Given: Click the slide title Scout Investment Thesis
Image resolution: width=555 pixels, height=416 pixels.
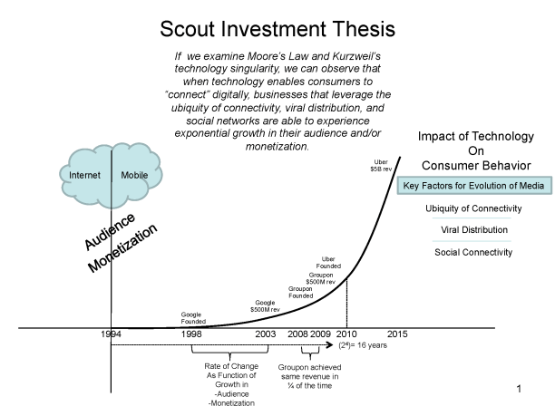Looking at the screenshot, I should click(x=277, y=29).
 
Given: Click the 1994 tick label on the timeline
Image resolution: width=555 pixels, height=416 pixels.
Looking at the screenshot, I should click(x=112, y=335).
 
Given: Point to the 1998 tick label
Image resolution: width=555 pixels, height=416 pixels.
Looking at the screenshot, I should click(x=191, y=335).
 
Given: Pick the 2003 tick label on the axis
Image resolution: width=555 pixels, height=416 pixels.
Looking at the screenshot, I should click(x=266, y=335).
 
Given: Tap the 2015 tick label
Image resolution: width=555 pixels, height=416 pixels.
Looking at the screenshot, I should click(x=396, y=335).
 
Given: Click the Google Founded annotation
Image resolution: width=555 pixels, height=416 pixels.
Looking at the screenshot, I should click(x=191, y=318).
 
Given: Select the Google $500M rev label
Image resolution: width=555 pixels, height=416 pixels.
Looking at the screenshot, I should click(x=265, y=305).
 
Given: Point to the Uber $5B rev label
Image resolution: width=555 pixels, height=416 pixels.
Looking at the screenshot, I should click(x=381, y=167).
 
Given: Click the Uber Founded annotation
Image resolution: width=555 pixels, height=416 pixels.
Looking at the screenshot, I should click(x=329, y=263).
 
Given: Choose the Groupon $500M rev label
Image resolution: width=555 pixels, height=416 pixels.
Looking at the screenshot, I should click(x=322, y=278).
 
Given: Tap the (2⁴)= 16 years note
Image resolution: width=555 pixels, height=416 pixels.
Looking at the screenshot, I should click(x=363, y=346).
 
